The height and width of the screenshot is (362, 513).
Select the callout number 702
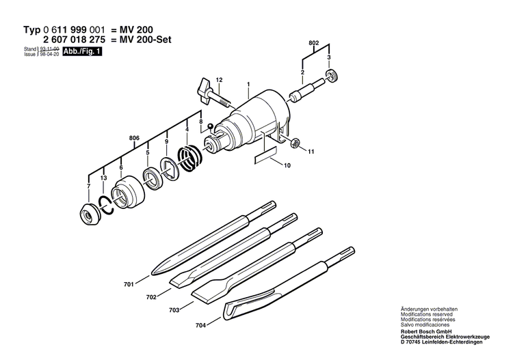coord(151,296)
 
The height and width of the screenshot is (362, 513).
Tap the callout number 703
coord(174,310)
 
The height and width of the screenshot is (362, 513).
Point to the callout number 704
coord(200,326)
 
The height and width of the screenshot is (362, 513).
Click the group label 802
coord(314,42)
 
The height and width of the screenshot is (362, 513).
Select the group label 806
coord(133,138)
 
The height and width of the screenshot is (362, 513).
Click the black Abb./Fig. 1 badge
coord(82,51)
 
